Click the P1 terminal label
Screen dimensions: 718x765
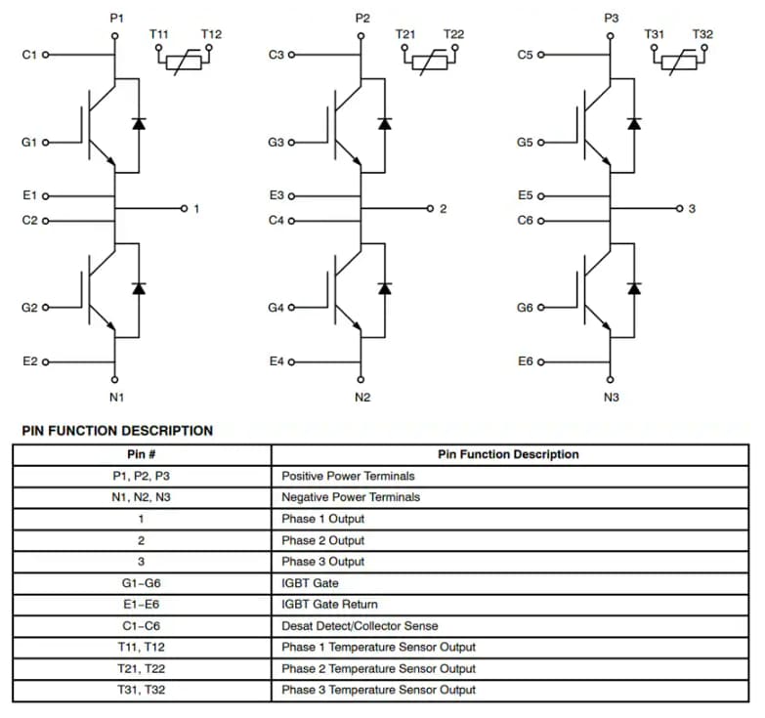click(116, 19)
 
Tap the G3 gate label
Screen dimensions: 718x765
click(276, 143)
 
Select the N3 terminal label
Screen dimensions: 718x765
click(612, 397)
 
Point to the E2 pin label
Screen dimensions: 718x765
click(29, 361)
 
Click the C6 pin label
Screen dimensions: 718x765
click(526, 220)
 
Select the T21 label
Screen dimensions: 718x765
click(405, 34)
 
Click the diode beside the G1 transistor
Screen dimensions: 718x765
click(138, 123)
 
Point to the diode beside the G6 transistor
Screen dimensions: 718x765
click(634, 288)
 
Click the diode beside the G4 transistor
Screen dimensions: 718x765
click(384, 288)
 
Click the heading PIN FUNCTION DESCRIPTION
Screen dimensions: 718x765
click(117, 430)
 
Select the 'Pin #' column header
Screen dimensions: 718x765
click(142, 454)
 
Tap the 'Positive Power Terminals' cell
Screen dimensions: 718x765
click(348, 476)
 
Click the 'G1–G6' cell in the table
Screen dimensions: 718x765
click(142, 583)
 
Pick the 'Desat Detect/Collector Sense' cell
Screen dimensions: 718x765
click(360, 625)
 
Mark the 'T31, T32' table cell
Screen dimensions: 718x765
click(142, 690)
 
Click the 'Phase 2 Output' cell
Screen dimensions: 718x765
click(322, 540)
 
